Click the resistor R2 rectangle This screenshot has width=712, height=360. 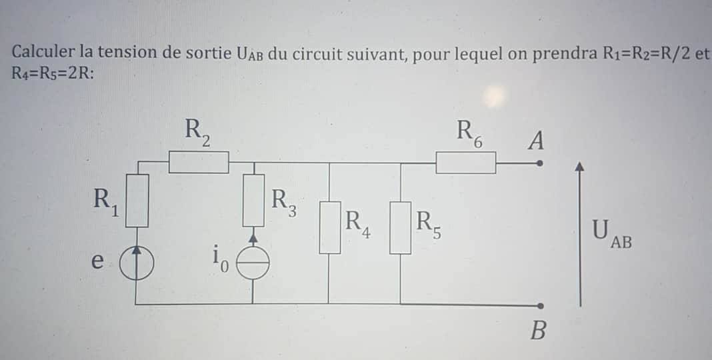click(199, 162)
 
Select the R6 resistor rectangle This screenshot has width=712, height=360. click(465, 162)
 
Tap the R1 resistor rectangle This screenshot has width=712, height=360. click(137, 200)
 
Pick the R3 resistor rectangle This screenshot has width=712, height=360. click(253, 200)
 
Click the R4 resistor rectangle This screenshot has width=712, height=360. click(329, 227)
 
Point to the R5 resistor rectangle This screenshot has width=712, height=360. click(400, 227)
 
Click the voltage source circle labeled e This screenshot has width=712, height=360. click(137, 265)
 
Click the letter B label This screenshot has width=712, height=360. click(537, 330)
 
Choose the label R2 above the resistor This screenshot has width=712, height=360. click(198, 131)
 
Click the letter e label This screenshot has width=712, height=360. click(97, 261)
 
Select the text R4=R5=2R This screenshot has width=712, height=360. click(52, 73)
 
